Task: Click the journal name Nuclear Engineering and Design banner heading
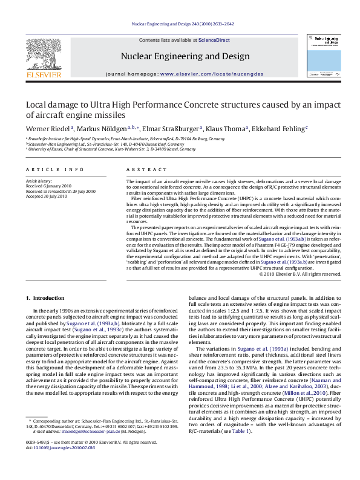[x=185, y=56]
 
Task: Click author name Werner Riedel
[x=48, y=129]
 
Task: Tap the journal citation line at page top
[x=183, y=24]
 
